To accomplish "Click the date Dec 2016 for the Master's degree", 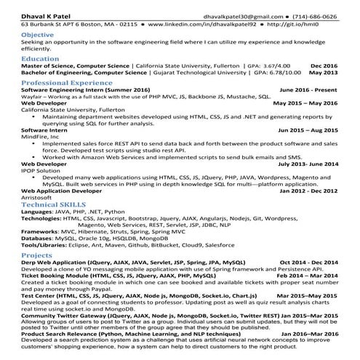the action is click(322, 65).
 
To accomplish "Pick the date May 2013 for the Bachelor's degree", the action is click(323, 73).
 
